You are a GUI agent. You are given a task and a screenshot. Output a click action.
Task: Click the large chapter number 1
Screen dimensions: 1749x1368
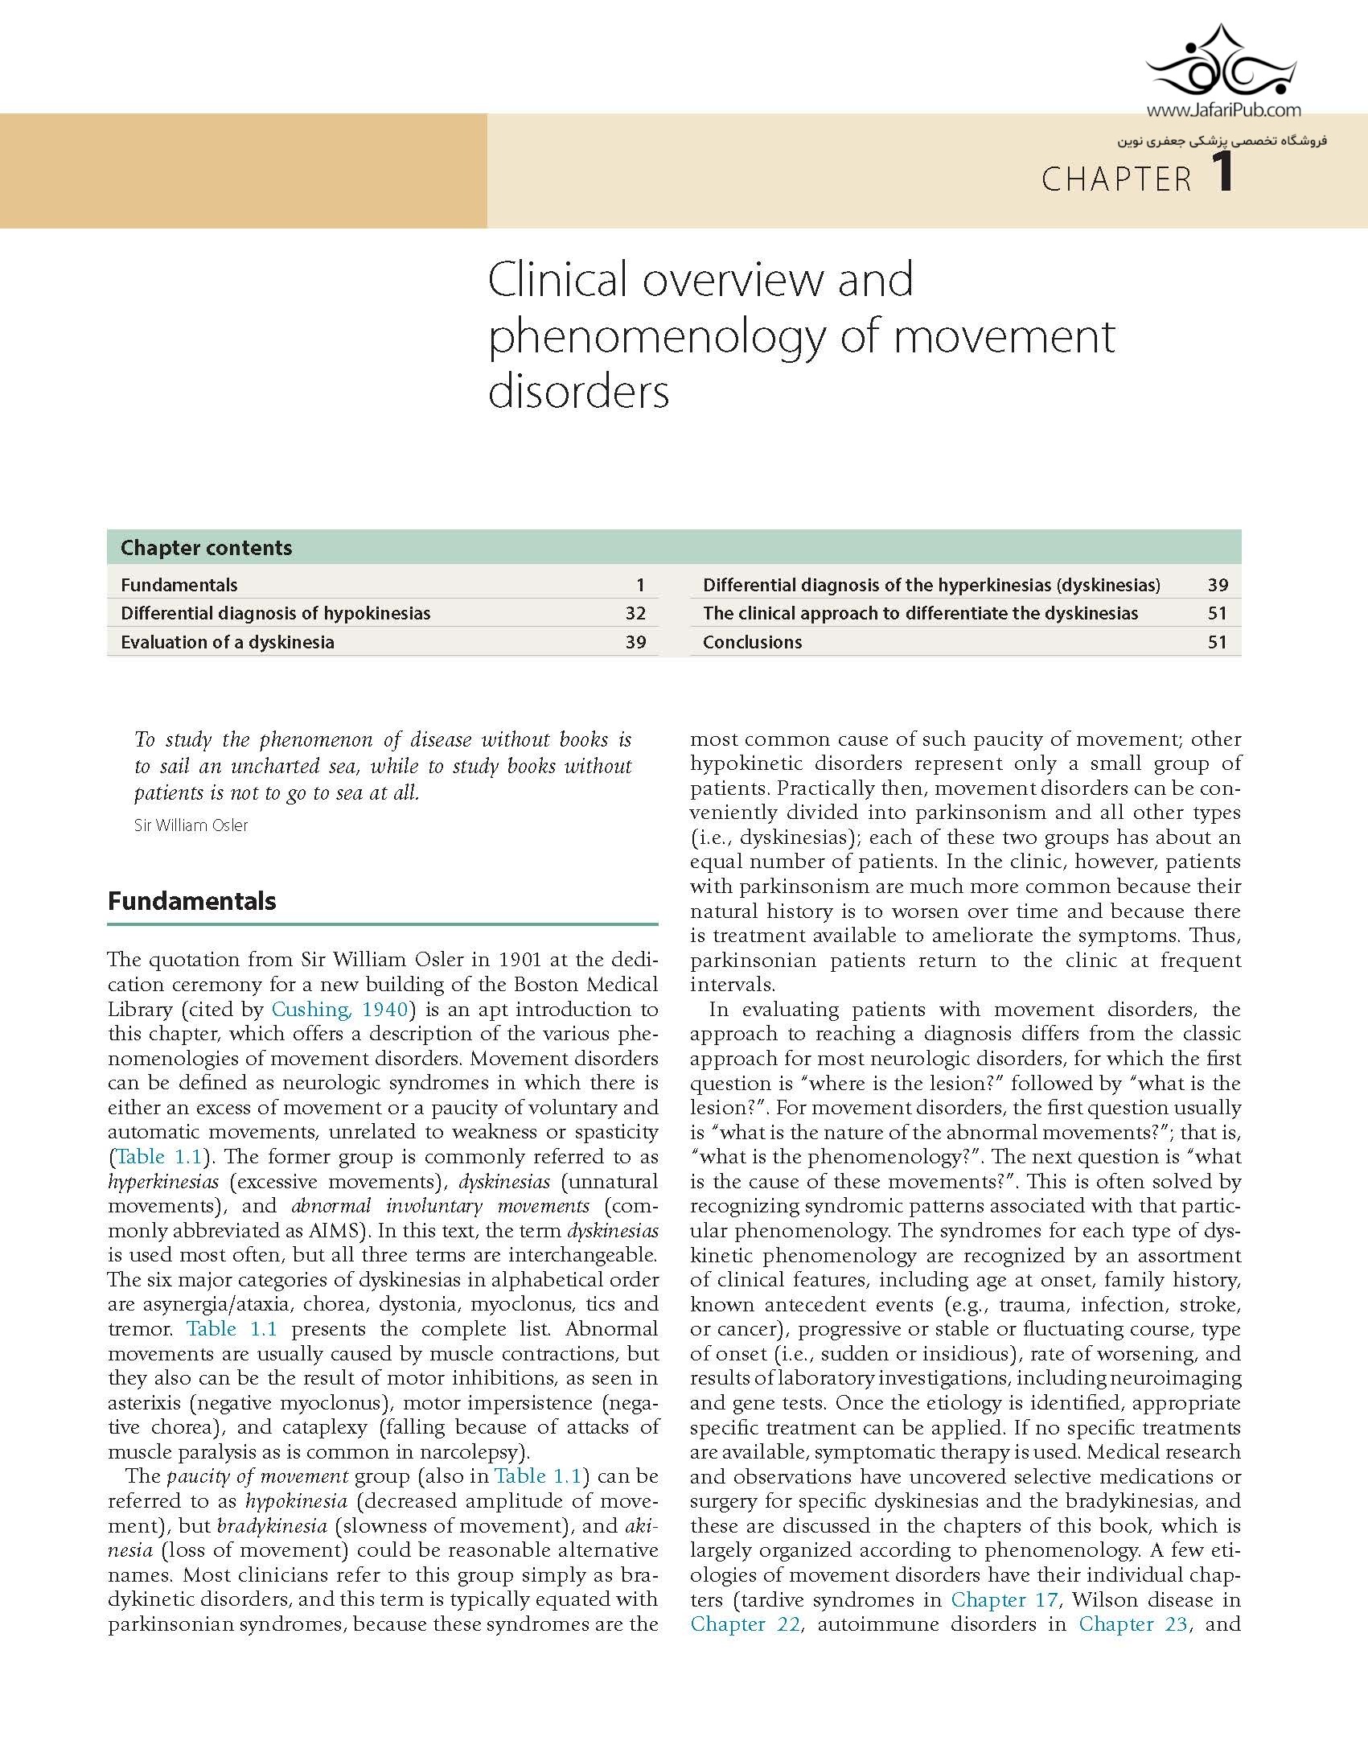pos(1222,174)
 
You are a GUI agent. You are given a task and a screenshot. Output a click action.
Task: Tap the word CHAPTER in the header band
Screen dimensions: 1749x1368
pos(1117,179)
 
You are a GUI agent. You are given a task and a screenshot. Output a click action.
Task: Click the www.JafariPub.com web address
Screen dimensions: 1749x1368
pos(1223,111)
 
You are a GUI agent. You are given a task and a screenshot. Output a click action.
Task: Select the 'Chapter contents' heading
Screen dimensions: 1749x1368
pos(206,548)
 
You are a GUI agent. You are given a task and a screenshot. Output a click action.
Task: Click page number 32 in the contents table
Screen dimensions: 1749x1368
pos(635,613)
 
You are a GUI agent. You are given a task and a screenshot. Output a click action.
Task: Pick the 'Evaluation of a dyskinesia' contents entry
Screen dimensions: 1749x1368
pos(227,642)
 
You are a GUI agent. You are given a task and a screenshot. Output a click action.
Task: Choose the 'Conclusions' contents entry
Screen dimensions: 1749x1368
pos(752,642)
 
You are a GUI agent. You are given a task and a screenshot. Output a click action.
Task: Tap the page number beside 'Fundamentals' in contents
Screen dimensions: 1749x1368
pos(640,585)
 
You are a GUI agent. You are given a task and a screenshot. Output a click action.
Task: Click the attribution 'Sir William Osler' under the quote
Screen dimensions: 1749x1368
pos(191,825)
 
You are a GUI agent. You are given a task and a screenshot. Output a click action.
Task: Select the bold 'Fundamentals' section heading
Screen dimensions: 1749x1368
pos(191,901)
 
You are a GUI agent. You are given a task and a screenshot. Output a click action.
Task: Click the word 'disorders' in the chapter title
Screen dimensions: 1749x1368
pos(578,392)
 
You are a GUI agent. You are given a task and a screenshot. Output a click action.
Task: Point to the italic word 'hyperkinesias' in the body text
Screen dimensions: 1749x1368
pos(164,1182)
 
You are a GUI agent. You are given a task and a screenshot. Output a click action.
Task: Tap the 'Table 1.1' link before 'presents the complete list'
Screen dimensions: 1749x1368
pos(232,1329)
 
